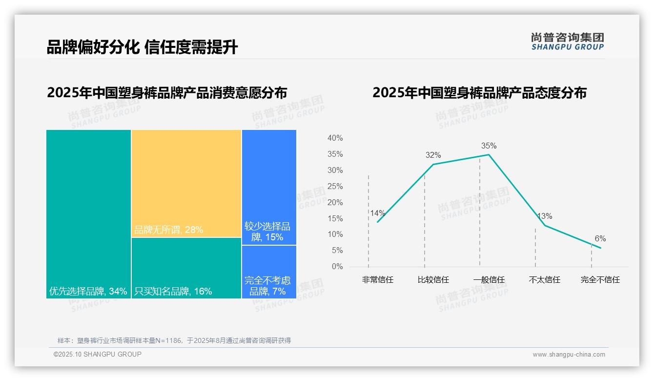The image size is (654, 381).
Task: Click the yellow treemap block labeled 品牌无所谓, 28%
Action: pyautogui.click(x=186, y=183)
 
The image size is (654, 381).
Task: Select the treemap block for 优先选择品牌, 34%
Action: pyautogui.click(x=88, y=213)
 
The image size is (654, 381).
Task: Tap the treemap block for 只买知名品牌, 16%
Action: pyautogui.click(x=186, y=268)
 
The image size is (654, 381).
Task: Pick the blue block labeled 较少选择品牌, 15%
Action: pyautogui.click(x=269, y=187)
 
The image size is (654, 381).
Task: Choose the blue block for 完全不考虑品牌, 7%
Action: pyautogui.click(x=269, y=272)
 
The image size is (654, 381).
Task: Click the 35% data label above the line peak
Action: pyautogui.click(x=489, y=146)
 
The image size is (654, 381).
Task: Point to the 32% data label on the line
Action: pyautogui.click(x=433, y=155)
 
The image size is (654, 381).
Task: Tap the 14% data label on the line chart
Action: pyautogui.click(x=377, y=213)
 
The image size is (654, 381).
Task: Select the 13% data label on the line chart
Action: pyautogui.click(x=544, y=216)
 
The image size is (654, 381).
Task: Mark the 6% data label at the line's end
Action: pyautogui.click(x=600, y=238)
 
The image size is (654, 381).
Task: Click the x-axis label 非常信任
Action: pyautogui.click(x=377, y=280)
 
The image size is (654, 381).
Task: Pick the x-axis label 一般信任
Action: pyautogui.click(x=489, y=280)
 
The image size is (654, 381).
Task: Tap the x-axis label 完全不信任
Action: pyautogui.click(x=600, y=280)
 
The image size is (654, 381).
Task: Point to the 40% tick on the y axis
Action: pyautogui.click(x=335, y=138)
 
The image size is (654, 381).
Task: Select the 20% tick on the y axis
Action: pyautogui.click(x=335, y=202)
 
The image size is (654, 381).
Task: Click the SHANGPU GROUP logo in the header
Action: pyautogui.click(x=567, y=42)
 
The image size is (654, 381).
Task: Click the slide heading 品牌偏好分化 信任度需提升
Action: pyautogui.click(x=142, y=47)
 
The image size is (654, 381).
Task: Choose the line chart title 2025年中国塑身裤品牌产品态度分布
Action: pyautogui.click(x=479, y=93)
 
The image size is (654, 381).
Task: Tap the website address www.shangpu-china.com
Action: pyautogui.click(x=569, y=355)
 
